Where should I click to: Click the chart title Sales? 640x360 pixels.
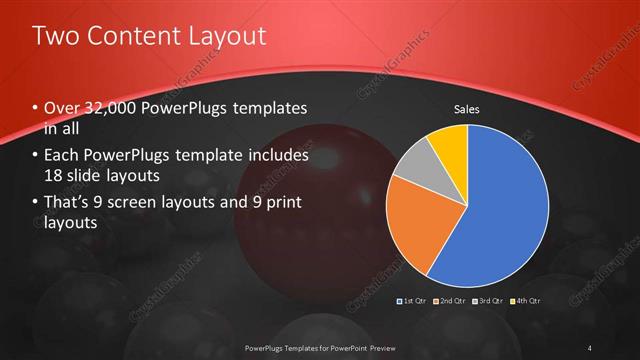(x=467, y=109)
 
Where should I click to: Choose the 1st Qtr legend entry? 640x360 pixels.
(x=414, y=300)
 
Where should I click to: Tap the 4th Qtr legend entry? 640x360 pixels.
(x=527, y=300)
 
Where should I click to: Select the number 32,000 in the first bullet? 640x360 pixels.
(x=114, y=108)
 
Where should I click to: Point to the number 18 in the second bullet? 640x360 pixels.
(x=55, y=176)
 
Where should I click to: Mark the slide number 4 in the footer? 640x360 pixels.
(x=590, y=348)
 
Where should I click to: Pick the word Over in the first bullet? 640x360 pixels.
(x=61, y=108)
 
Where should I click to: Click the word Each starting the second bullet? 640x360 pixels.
(x=62, y=156)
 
